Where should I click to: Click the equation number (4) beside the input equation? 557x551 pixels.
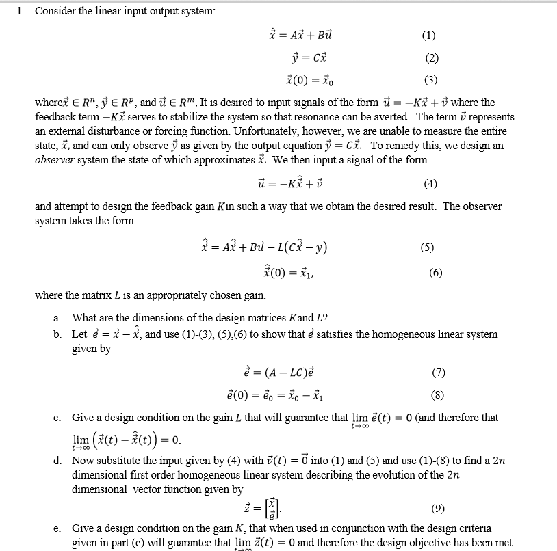pyautogui.click(x=430, y=183)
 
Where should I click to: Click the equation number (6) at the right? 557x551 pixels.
pyautogui.click(x=435, y=272)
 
